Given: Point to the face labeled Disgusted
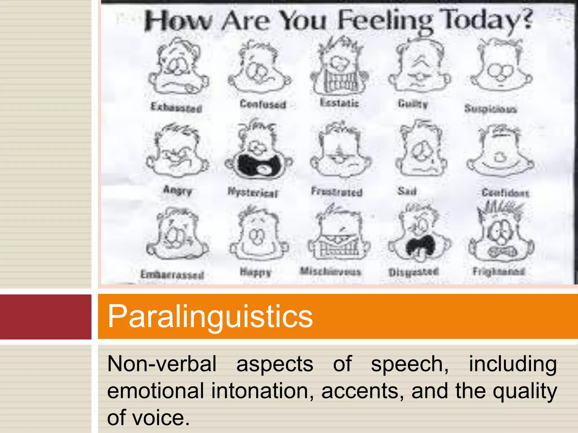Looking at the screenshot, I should [419, 234].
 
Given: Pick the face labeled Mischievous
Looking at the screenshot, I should [339, 234].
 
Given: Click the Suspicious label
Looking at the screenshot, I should [491, 109].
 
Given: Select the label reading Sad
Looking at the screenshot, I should [407, 191].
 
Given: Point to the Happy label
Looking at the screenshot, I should [255, 272].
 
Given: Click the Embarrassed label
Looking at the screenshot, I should [172, 275].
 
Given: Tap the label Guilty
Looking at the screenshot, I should [413, 104].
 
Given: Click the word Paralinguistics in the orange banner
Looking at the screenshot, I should [210, 316].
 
